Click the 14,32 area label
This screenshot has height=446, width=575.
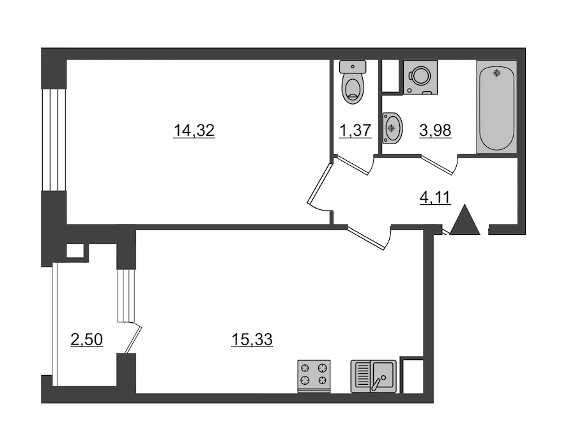194,131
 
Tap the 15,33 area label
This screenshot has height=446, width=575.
252,339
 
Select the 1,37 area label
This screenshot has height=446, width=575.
355,130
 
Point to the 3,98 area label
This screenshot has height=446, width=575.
435,130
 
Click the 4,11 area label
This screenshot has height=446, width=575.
435,198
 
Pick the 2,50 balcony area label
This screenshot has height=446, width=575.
86,339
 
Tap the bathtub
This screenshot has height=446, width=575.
497,107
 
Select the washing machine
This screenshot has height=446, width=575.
420,77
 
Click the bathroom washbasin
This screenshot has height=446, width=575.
392,128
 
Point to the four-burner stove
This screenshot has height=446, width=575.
314,376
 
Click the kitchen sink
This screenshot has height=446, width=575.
373,376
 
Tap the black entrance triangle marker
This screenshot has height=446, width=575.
464,220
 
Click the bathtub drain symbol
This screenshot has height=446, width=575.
497,73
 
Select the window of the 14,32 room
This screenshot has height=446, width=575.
54,140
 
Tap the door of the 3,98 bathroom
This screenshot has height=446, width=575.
438,165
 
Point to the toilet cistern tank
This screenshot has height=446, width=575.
353,66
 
